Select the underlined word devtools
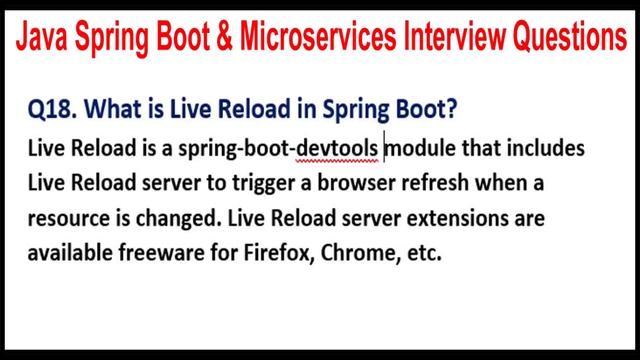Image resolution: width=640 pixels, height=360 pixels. tap(338, 149)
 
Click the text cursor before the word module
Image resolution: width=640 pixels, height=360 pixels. tap(385, 149)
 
